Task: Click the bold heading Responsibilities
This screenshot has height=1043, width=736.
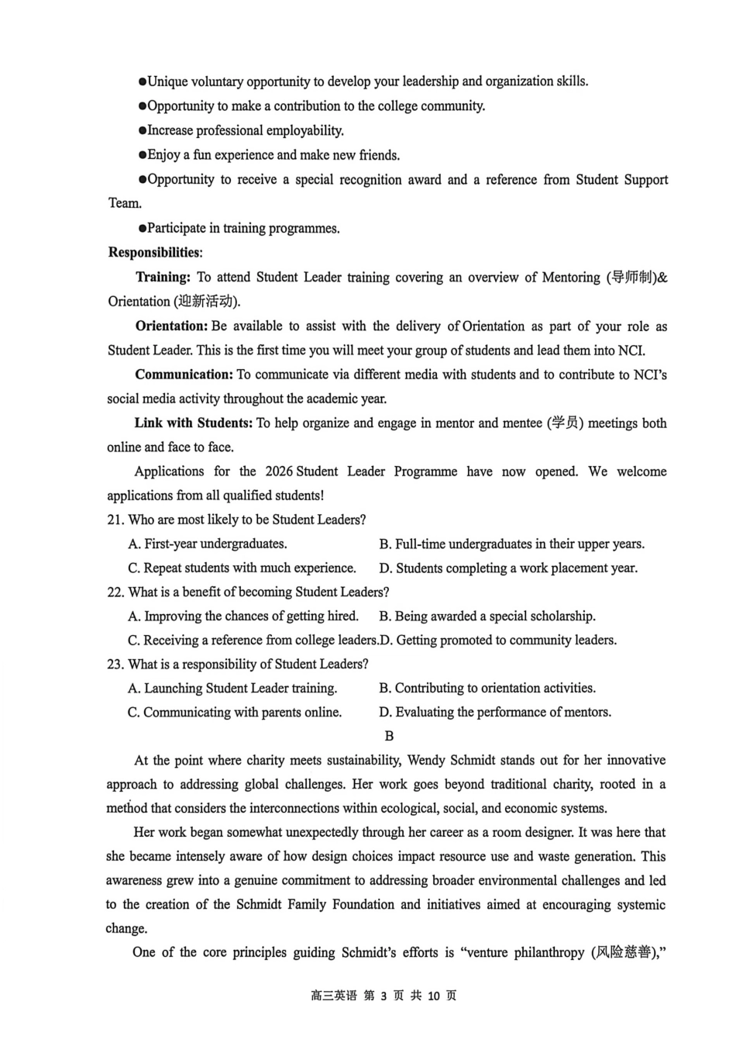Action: [x=154, y=253]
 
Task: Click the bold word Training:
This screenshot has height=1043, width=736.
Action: [x=163, y=278]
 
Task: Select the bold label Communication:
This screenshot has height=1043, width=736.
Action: [x=184, y=375]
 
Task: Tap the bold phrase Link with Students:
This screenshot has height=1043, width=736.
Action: [x=193, y=423]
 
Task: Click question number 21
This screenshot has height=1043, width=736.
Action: [x=115, y=520]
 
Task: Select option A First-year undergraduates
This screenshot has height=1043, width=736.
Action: [x=208, y=544]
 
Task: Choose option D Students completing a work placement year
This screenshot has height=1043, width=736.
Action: [x=508, y=568]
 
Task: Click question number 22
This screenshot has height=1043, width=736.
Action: [x=115, y=592]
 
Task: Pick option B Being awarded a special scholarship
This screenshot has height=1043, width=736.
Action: [x=487, y=616]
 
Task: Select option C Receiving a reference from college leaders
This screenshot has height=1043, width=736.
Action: [x=253, y=641]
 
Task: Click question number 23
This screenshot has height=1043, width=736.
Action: [x=115, y=665]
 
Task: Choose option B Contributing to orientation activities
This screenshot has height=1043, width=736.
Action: [x=487, y=689]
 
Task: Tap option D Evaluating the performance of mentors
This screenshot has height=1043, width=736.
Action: [x=495, y=713]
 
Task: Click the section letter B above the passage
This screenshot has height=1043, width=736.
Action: [x=389, y=736]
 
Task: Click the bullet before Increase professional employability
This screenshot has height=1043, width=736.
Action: [x=143, y=131]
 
